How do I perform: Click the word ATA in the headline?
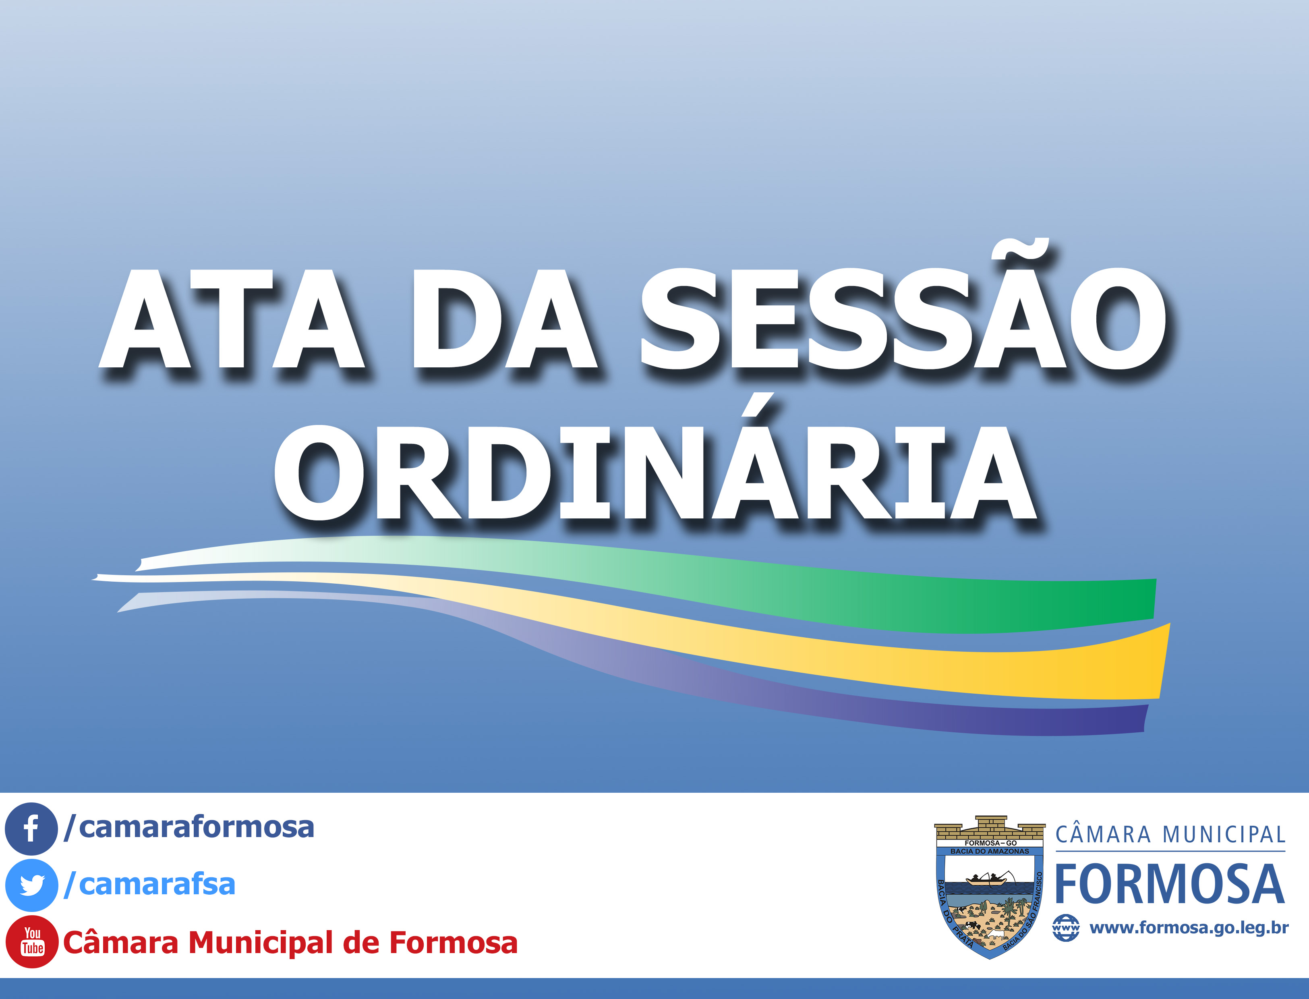point(232,319)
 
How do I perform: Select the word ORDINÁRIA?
point(654,473)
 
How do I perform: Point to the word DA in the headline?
point(505,319)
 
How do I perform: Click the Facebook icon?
point(31,828)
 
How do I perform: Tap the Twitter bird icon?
point(31,885)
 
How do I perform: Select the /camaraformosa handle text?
point(189,828)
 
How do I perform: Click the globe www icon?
point(1066,928)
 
